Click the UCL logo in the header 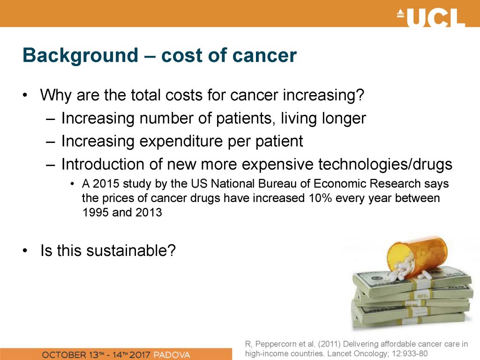431,17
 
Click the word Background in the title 80,56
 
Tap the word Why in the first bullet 56,95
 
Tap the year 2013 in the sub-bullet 149,212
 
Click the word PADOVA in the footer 172,355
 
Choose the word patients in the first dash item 244,119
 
